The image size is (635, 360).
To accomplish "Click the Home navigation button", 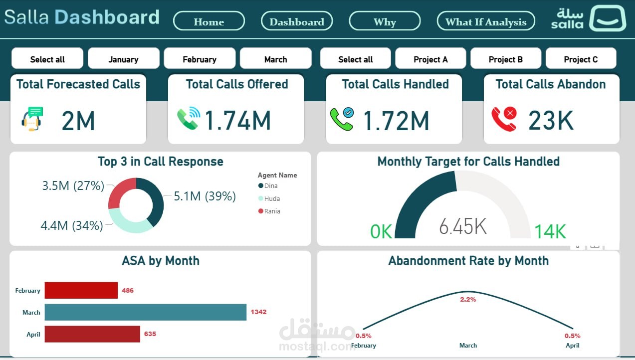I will (209, 21).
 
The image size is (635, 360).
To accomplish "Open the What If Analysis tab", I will (486, 21).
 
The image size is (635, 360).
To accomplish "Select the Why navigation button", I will (385, 21).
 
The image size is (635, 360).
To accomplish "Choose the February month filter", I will (200, 59).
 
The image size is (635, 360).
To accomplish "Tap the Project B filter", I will (506, 59).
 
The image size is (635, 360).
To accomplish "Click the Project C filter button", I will (581, 59).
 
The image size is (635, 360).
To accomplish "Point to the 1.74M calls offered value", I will (238, 121).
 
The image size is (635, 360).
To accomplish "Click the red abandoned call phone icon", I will (504, 120).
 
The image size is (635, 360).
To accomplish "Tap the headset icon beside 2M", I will (32, 119).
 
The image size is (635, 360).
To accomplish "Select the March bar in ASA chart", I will (145, 312).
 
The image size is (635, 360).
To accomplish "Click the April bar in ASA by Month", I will (92, 334).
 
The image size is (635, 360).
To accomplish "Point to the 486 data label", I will (128, 290).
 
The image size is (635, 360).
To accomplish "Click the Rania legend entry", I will (272, 211).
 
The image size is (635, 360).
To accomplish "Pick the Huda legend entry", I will (272, 198).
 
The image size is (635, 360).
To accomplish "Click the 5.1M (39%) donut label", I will (205, 196).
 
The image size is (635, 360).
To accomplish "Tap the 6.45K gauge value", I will (462, 226).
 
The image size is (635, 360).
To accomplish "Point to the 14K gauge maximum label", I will (550, 232).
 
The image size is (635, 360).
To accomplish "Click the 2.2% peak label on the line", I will (468, 300).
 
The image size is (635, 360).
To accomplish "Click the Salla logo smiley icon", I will (607, 18).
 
